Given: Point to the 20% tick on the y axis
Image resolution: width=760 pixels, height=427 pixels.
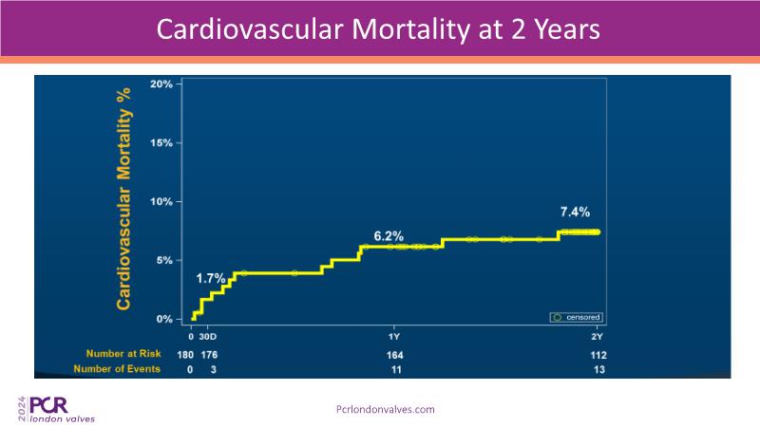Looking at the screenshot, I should tap(161, 84).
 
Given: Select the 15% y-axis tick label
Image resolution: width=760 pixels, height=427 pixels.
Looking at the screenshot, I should tap(161, 143).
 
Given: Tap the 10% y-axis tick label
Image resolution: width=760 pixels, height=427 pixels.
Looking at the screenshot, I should tap(161, 202).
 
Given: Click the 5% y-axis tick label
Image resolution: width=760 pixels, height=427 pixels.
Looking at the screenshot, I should tap(163, 261).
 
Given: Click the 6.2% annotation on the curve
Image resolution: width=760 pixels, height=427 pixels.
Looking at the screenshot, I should tap(389, 235).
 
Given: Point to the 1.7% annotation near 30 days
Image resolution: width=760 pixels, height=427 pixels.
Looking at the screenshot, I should tap(211, 279).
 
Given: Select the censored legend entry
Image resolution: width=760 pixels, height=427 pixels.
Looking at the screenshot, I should tap(577, 317).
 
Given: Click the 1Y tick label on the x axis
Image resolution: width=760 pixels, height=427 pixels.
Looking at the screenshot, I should tap(394, 337).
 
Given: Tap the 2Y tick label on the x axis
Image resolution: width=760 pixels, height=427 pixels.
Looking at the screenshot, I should tap(598, 337).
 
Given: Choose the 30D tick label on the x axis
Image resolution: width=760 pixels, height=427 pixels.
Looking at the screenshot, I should tap(208, 337).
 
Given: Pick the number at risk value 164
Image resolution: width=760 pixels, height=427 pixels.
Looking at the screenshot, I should tap(394, 355).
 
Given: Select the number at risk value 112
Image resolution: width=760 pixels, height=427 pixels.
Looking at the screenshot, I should tap(598, 355).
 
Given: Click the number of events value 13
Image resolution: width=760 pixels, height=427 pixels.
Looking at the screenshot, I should tap(598, 369).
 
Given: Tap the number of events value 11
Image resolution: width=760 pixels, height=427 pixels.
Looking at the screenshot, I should tap(394, 369).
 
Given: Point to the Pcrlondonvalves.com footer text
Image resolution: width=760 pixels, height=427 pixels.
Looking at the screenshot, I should tap(386, 409).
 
